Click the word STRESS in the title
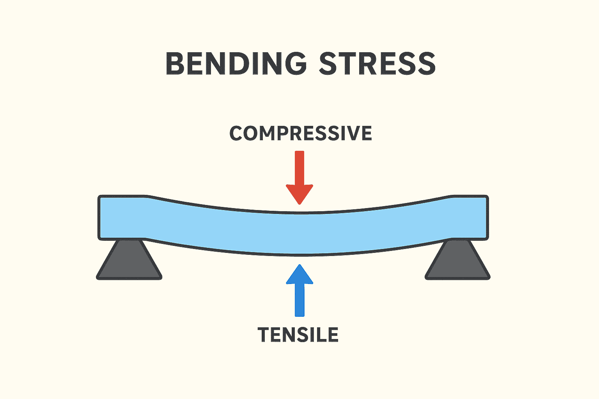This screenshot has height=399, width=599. [377, 64]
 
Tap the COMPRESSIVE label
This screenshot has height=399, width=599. [300, 134]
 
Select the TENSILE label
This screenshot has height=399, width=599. [298, 335]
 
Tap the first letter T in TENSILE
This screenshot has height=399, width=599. [264, 335]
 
